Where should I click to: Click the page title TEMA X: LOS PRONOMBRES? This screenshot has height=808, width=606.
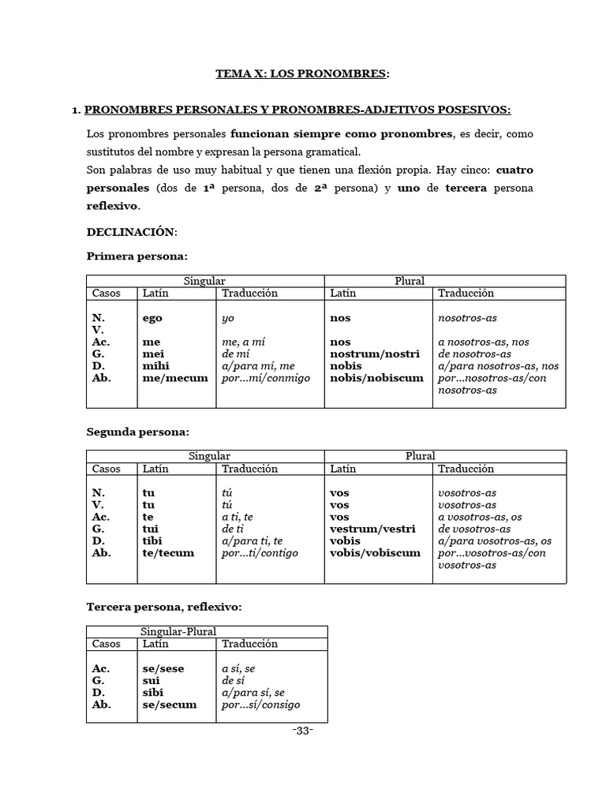pos(302,73)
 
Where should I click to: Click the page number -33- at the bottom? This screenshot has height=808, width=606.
pos(302,731)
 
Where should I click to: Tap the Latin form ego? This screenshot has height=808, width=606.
pos(152,318)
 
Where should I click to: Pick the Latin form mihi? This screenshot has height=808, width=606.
pos(155,366)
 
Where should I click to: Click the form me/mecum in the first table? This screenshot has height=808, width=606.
pos(175,378)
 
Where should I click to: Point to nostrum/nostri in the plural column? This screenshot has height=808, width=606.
pos(374,354)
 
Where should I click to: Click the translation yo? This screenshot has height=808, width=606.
pos(228,318)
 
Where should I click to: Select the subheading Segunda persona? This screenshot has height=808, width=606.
pos(137,432)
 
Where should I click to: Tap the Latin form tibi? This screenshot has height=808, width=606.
pos(153,541)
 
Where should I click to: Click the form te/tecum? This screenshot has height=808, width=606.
pos(168,553)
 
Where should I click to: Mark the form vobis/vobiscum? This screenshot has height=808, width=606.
pos(375,553)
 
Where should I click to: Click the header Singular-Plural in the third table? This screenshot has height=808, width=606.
pos(178,631)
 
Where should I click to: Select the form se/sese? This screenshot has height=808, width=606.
pos(163,669)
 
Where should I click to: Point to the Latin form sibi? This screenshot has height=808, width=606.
pos(153,693)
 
